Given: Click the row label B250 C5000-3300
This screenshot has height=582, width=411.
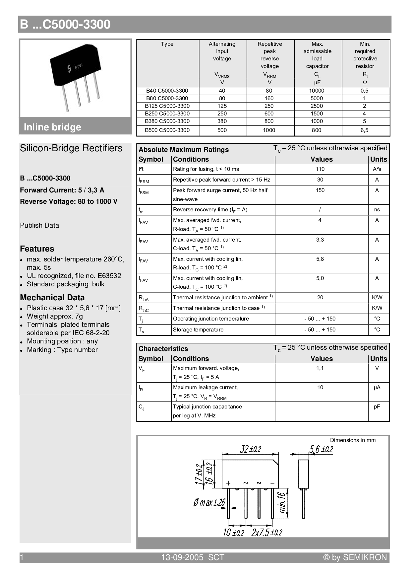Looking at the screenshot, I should (x=167, y=113).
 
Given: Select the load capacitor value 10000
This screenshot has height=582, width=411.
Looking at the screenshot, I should (x=317, y=91).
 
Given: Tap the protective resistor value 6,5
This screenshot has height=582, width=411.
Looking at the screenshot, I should (x=364, y=130).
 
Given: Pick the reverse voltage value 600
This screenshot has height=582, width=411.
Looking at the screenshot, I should (x=269, y=113).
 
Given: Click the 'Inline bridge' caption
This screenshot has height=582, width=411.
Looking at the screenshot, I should (x=52, y=127).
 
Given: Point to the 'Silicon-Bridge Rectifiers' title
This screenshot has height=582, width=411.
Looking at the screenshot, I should (x=71, y=148).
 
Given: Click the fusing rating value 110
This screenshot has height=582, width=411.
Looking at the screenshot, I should (x=320, y=169).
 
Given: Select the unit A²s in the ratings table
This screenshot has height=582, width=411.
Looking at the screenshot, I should (x=377, y=169).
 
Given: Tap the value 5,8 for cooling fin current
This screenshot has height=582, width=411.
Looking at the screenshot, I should (x=320, y=259).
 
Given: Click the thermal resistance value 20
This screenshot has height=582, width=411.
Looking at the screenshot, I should (x=320, y=297).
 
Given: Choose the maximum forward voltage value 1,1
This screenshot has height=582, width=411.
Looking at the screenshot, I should (x=320, y=368).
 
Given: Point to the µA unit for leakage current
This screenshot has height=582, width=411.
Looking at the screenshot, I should (x=377, y=387).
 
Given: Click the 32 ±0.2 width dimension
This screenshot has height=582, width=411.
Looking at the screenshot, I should (x=251, y=449).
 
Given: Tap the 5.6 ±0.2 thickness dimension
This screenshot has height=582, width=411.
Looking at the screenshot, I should (x=321, y=449).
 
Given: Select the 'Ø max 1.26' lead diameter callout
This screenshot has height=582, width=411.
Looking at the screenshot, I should (x=209, y=503).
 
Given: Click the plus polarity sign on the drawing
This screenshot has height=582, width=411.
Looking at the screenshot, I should (x=228, y=483).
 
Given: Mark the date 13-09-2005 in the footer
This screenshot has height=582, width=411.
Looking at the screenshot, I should (x=182, y=557).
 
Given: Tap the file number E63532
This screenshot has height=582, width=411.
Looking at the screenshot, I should (x=109, y=276).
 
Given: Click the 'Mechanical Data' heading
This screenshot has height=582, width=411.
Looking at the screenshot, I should (x=52, y=298).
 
